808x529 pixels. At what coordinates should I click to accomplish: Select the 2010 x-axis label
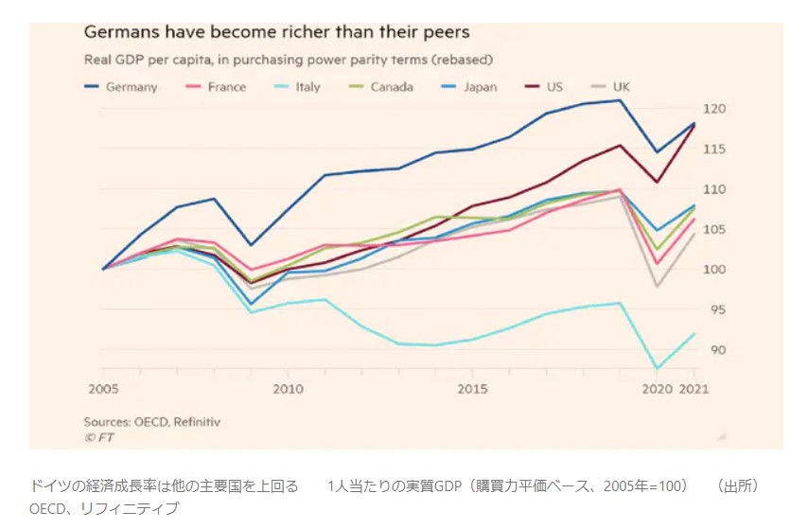pyautogui.click(x=289, y=388)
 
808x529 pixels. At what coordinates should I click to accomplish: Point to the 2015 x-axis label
pyautogui.click(x=473, y=388)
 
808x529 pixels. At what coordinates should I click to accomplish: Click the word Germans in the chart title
pyautogui.click(x=119, y=32)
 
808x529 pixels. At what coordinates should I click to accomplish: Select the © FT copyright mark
pyautogui.click(x=98, y=437)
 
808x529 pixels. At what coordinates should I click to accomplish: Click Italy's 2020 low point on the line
pyautogui.click(x=656, y=368)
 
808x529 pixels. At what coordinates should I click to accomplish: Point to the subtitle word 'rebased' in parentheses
pyautogui.click(x=461, y=60)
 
